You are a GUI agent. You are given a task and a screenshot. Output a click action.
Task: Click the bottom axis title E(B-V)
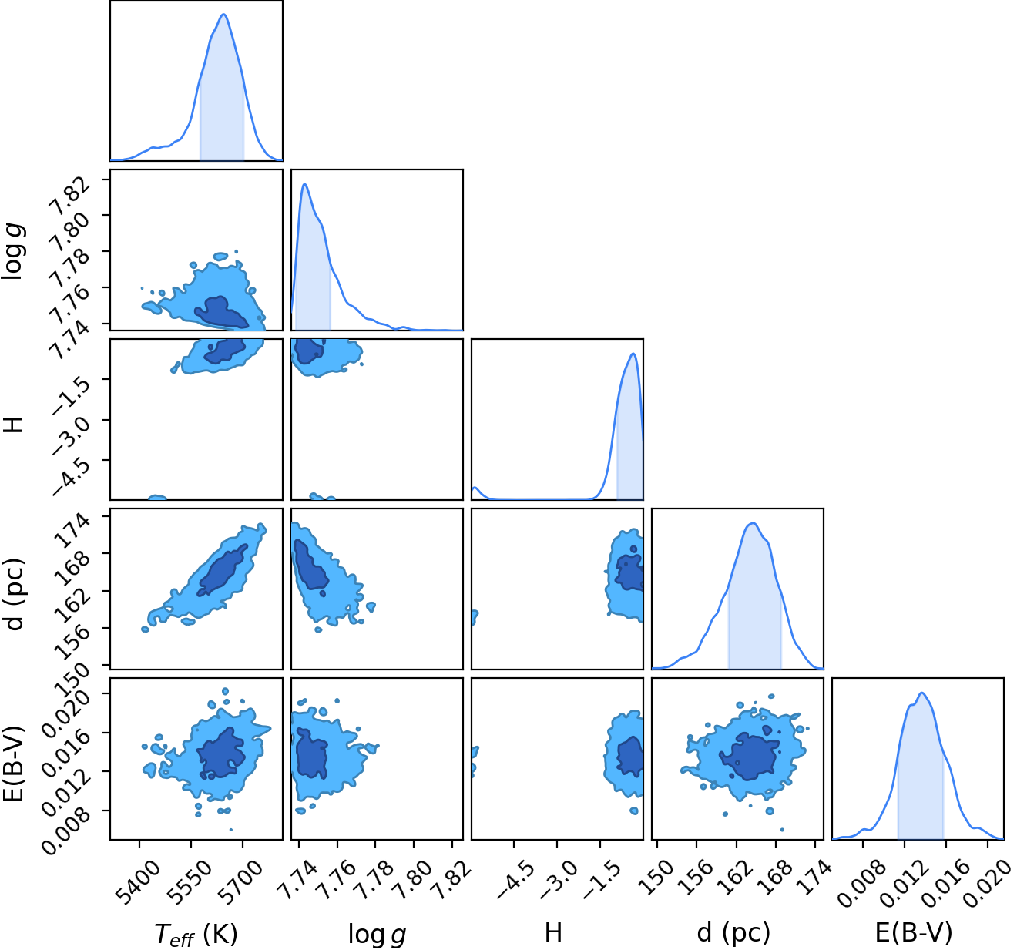coord(914,933)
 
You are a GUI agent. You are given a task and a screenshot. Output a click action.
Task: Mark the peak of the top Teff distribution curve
coord(223,14)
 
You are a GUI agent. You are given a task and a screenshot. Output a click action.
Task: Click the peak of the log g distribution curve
coord(304,184)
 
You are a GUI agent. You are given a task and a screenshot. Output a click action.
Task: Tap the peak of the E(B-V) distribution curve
coord(921,693)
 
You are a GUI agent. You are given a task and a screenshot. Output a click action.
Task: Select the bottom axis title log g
coord(377,934)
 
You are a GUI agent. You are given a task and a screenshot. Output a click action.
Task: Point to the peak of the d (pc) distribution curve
coord(754,523)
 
